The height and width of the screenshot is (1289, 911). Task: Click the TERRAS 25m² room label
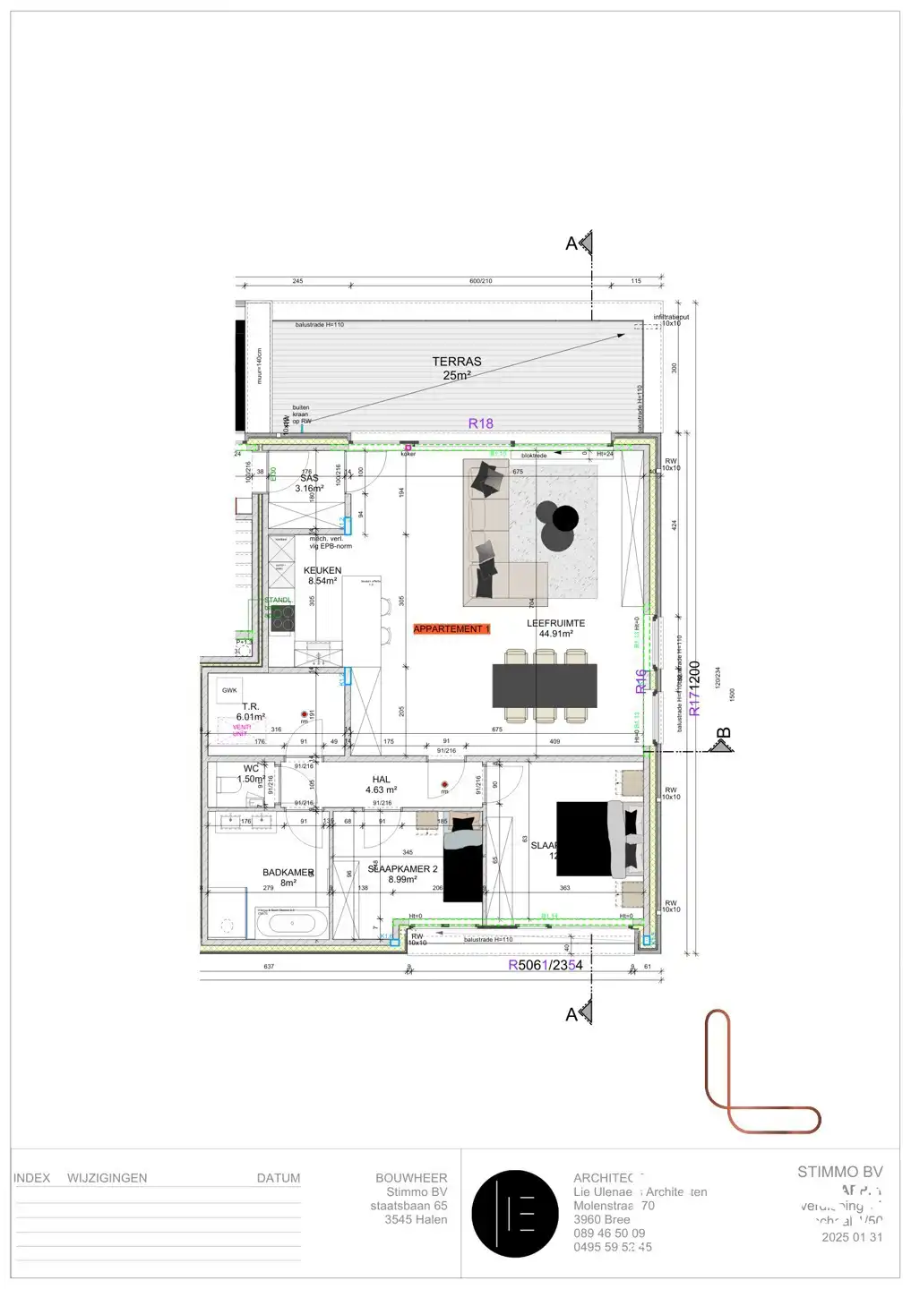[457, 368]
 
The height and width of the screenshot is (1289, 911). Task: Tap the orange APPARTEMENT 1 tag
[451, 629]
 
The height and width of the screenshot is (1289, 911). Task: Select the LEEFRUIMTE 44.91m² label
[555, 628]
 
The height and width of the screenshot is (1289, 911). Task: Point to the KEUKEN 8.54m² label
[322, 576]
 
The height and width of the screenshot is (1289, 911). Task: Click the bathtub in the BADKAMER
[292, 923]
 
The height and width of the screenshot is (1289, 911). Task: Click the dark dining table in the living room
[545, 686]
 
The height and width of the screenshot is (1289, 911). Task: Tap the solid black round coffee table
[565, 518]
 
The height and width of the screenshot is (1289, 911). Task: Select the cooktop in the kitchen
[283, 618]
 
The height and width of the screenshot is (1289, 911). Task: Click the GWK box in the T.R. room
[230, 690]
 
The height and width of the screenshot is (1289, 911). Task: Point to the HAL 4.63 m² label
[381, 785]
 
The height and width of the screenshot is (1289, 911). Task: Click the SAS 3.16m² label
[309, 483]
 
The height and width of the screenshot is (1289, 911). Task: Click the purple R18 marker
[481, 423]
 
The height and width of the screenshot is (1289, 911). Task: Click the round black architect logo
[515, 1214]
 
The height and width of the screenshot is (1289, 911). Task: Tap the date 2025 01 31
[852, 1237]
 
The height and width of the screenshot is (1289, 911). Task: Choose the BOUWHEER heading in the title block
[411, 1178]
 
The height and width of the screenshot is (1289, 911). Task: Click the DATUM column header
[279, 1178]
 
